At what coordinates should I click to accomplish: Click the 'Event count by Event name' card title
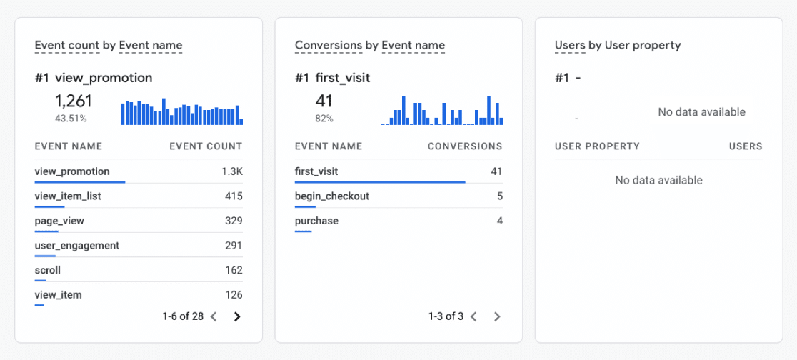tap(109, 45)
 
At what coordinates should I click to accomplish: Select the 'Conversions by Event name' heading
tap(369, 45)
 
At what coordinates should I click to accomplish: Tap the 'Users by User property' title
tap(617, 45)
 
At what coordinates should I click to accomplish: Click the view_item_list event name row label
tap(68, 196)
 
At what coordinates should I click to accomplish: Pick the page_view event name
tap(59, 221)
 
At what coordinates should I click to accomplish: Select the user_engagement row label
tap(76, 246)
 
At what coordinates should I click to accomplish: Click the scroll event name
tap(47, 270)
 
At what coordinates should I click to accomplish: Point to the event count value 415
tap(233, 196)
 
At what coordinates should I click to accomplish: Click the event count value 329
tap(233, 221)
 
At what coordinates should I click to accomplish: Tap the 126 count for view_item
tap(233, 294)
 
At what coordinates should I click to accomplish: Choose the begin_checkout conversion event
tap(331, 196)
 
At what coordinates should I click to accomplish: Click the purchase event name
tap(316, 221)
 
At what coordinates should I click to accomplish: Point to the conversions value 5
tap(499, 196)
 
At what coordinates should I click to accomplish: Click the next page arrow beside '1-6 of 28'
tap(237, 316)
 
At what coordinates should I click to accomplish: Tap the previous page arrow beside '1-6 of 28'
tap(213, 316)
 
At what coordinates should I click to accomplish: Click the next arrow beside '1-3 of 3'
tap(497, 316)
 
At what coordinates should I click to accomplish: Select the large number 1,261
tap(73, 101)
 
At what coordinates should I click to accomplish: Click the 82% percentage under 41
tap(324, 118)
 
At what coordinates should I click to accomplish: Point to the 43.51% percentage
tap(71, 118)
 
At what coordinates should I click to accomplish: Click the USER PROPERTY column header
tap(597, 146)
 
